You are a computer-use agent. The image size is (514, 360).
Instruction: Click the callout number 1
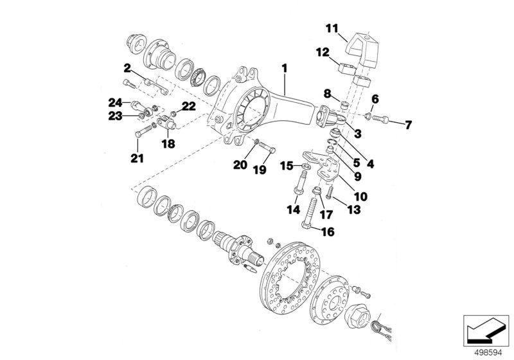coord(283,66)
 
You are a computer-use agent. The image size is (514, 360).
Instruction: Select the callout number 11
coord(331,28)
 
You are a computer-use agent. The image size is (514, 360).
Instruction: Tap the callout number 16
coord(328,232)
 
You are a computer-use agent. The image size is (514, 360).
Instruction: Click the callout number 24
coord(115,102)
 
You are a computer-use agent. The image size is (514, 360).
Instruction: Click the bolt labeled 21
coord(142,132)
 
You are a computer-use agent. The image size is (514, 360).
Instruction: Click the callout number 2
coord(127,66)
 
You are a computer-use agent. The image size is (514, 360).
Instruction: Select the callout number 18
coord(168,145)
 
